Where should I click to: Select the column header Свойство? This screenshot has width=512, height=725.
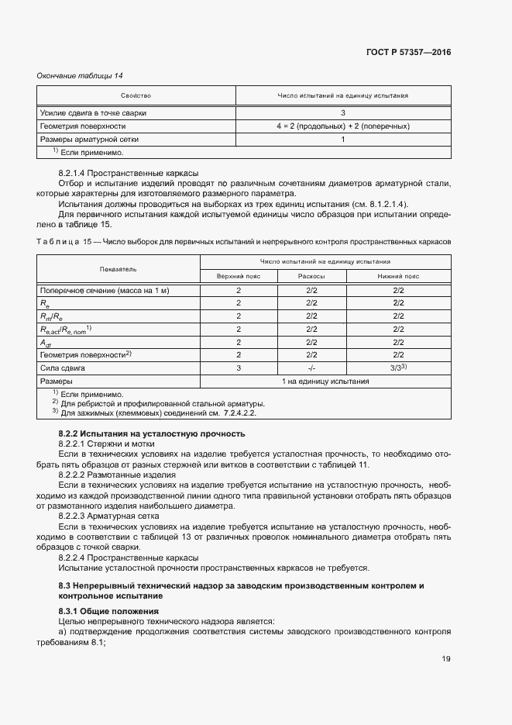136,95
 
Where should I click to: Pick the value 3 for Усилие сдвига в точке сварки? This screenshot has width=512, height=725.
342,112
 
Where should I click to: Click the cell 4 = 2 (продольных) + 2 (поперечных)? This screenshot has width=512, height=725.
342,126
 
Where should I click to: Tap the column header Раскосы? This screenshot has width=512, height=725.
311,276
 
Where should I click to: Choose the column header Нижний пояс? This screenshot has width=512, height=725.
399,276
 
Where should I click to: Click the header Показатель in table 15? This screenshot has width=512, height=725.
118,269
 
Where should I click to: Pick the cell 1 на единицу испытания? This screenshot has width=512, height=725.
325,381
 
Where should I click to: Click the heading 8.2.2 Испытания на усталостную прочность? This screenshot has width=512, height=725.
152,433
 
